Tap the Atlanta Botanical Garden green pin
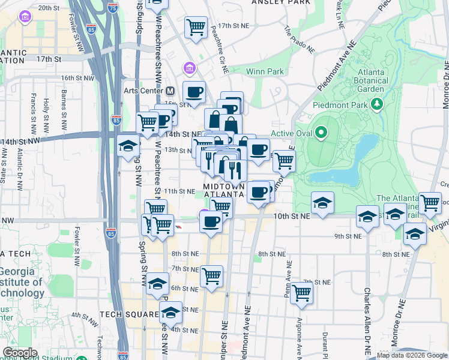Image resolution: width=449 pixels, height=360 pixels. point(377,105)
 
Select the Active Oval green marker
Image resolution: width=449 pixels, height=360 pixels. point(321,133)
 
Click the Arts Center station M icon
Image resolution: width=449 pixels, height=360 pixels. point(170,91)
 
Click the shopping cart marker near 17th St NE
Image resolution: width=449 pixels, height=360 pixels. point(196,26)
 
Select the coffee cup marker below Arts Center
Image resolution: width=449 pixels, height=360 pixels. point(194,92)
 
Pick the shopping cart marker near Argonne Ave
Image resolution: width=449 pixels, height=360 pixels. point(302,293)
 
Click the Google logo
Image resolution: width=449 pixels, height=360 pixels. point(20,353)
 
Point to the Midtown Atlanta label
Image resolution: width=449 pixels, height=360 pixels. point(224,190)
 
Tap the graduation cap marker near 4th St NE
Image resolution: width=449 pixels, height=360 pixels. point(171,312)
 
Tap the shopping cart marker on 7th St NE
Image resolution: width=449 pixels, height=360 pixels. point(211,277)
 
